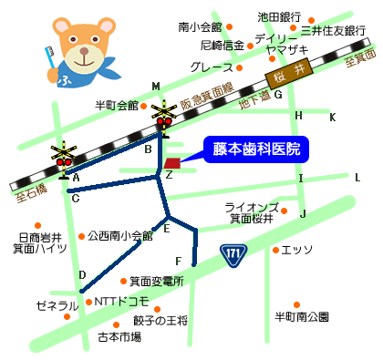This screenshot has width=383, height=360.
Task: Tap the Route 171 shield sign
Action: (234, 252)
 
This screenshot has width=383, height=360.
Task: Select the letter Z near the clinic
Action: (169, 175)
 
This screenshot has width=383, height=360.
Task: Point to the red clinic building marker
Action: (173, 162)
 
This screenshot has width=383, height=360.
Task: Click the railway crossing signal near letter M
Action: (164, 115)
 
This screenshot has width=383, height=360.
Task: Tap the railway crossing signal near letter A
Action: (64, 156)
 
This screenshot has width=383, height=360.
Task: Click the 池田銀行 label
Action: (279, 16)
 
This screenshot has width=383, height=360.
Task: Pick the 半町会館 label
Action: (116, 106)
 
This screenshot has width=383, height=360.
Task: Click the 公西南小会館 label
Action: (121, 235)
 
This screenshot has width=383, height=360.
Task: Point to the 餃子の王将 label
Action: (160, 320)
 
